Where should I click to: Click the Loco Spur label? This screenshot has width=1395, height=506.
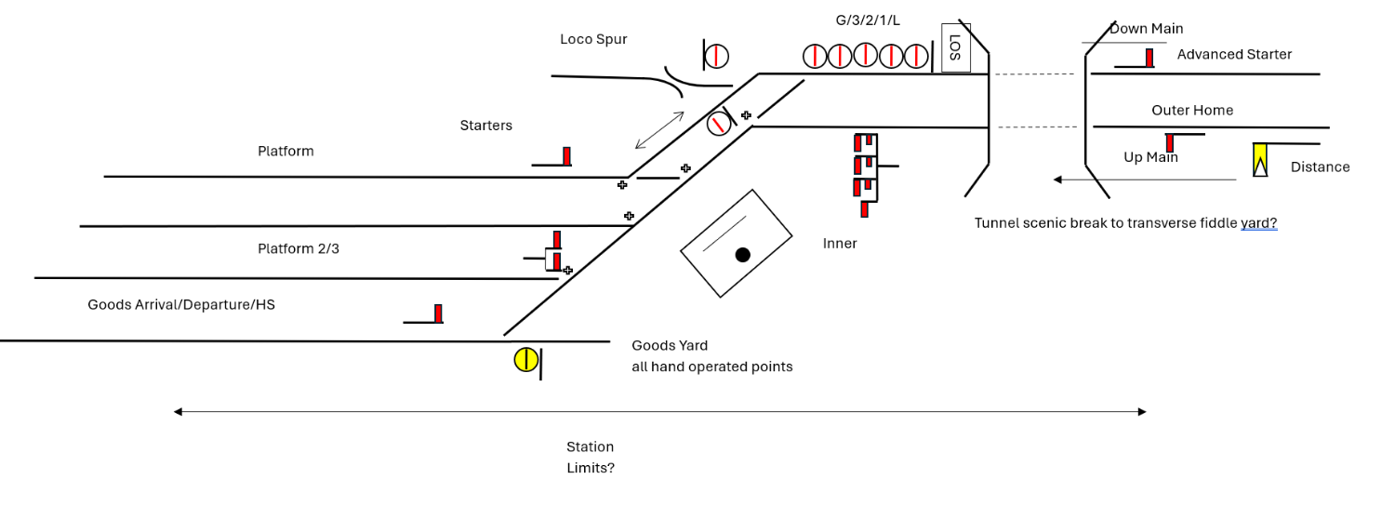tap(593, 39)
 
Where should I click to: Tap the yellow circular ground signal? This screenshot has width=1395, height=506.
tap(525, 360)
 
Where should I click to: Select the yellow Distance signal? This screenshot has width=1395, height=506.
tap(1260, 160)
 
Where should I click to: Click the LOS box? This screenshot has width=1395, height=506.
tap(955, 48)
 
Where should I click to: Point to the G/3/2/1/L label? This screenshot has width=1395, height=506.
tap(868, 20)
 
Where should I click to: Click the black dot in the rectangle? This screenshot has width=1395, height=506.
tap(742, 255)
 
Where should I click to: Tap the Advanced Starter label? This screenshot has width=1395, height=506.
tap(1234, 55)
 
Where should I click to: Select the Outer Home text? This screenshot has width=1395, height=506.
tap(1192, 111)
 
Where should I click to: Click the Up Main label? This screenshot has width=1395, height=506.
tap(1150, 157)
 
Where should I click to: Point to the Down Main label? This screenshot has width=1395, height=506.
tap(1146, 29)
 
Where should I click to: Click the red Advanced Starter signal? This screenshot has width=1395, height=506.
tap(1149, 58)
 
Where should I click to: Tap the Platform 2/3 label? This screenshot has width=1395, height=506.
tap(299, 249)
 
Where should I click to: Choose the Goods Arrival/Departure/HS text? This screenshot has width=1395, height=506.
tap(181, 305)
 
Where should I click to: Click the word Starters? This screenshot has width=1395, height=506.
tap(485, 126)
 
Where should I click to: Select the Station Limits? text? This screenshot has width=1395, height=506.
tap(591, 458)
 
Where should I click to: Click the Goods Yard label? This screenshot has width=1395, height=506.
tap(670, 346)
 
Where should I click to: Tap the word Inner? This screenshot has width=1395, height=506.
tap(840, 244)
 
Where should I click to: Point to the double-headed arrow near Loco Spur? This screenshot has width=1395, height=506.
tap(659, 130)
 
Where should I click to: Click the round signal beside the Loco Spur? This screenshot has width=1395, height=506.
tap(716, 56)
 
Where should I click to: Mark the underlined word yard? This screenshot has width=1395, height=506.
tap(1258, 223)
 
